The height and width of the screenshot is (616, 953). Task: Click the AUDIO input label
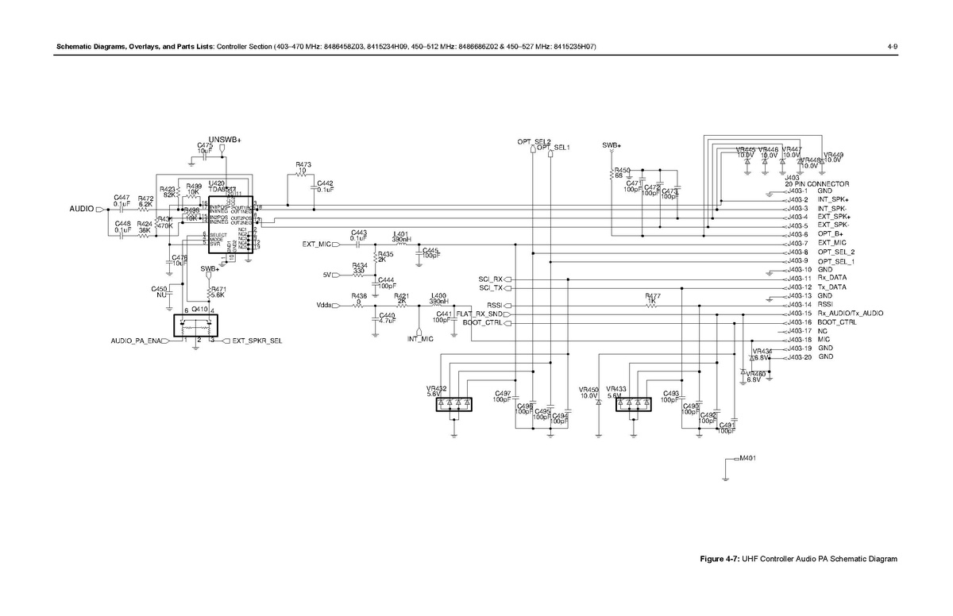pyautogui.click(x=80, y=210)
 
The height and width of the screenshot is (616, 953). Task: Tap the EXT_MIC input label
pyautogui.click(x=315, y=244)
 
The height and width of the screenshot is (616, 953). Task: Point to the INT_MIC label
pyautogui.click(x=420, y=339)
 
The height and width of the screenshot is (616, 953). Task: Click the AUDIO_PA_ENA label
pyautogui.click(x=135, y=341)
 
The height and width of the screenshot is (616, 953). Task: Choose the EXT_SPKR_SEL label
pyautogui.click(x=257, y=341)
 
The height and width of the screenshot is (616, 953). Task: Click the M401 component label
pyautogui.click(x=747, y=458)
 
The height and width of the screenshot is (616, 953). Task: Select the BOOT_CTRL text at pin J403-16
pyautogui.click(x=837, y=322)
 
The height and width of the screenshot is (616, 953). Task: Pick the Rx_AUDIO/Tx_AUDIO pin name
pyautogui.click(x=850, y=314)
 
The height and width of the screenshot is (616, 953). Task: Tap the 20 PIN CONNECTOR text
pyautogui.click(x=817, y=183)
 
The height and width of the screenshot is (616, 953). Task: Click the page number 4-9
pyautogui.click(x=892, y=48)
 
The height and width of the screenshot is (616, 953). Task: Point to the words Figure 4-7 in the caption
pyautogui.click(x=719, y=559)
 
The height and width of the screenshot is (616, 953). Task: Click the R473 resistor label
pyautogui.click(x=303, y=164)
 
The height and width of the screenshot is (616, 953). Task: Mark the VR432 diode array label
pyautogui.click(x=437, y=388)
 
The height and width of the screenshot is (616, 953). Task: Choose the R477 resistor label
pyautogui.click(x=653, y=296)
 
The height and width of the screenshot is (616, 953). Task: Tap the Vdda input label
pyautogui.click(x=323, y=305)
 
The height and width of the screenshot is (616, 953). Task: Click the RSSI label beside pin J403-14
pyautogui.click(x=825, y=305)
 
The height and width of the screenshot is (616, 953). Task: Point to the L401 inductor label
pyautogui.click(x=401, y=235)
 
